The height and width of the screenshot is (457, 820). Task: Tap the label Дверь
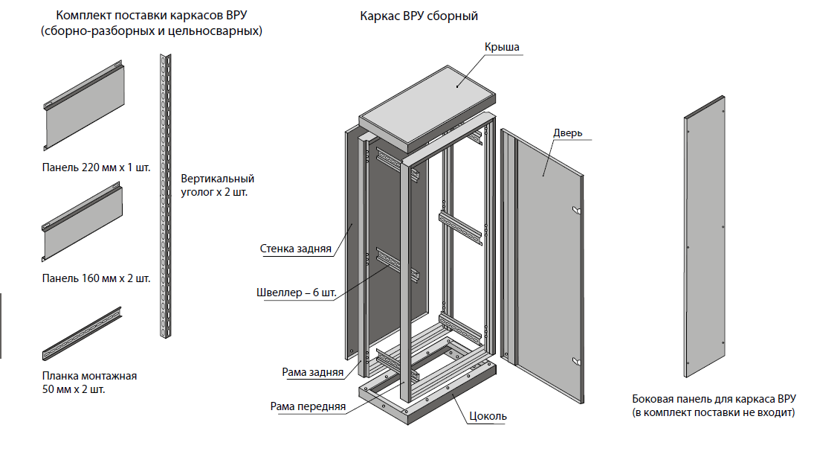(567, 133)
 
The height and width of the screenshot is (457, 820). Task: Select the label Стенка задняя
(295, 249)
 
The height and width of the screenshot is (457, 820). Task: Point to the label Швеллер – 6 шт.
(296, 293)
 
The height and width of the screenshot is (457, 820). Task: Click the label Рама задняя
(312, 371)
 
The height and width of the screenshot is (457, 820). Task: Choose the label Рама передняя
(308, 406)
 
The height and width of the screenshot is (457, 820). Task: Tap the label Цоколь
(488, 415)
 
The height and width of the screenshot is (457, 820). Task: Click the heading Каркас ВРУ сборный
(418, 16)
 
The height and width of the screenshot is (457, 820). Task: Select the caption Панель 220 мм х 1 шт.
(96, 167)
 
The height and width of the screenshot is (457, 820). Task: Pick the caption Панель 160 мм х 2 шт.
(96, 278)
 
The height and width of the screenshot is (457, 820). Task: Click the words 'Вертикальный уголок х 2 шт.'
(217, 185)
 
